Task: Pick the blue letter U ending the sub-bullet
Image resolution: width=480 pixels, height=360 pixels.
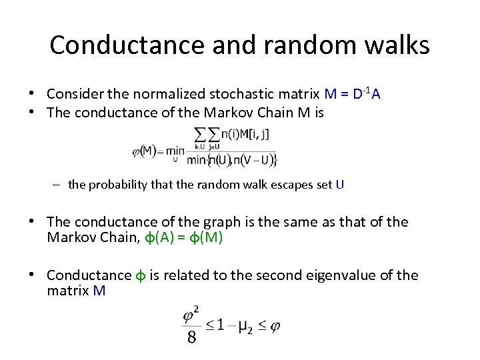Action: point(340,185)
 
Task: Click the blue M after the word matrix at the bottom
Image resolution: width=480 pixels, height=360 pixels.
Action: point(99,291)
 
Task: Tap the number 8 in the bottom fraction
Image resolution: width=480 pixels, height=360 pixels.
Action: point(191,337)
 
